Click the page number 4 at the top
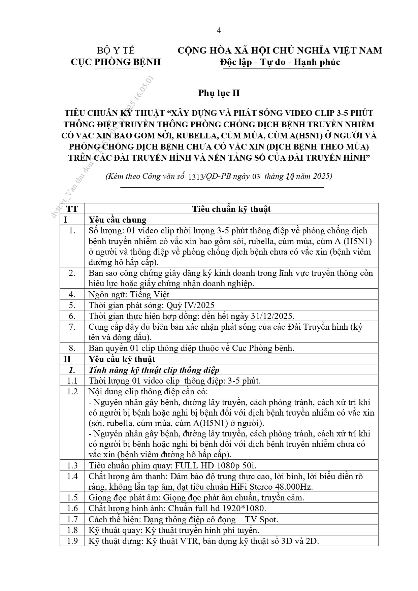(219, 31)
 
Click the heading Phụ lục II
(219, 93)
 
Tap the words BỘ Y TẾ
(116, 51)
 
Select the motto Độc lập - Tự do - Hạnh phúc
(280, 62)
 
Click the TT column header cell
(72, 209)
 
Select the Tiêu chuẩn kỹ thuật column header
(231, 209)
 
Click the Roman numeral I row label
(66, 220)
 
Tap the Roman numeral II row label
(67, 359)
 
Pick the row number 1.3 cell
(72, 465)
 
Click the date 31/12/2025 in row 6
(272, 316)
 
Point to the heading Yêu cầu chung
(118, 220)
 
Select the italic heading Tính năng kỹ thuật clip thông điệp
(154, 370)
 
